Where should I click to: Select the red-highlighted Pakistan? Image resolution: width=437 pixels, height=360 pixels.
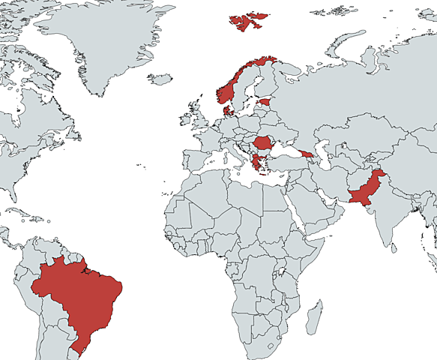coord(364,194)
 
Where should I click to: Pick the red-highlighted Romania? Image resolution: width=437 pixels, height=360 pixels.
coord(265,142)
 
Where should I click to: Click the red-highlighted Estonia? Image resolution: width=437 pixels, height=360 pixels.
coord(264,100)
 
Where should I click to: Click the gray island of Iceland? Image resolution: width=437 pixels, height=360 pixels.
coord(160,78)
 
